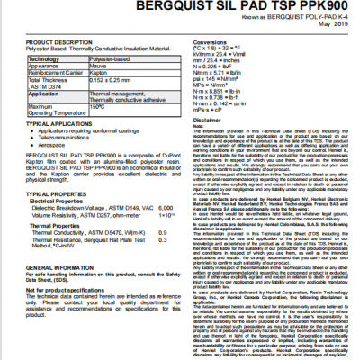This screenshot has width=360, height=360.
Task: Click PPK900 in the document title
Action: pyautogui.click(x=314, y=5)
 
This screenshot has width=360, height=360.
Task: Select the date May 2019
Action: pyautogui.click(x=333, y=23)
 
